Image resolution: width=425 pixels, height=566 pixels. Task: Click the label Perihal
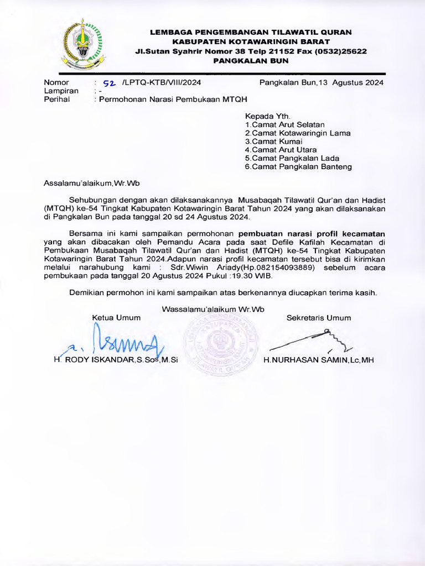tap(58, 99)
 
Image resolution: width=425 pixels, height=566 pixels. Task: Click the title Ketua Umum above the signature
tap(116, 318)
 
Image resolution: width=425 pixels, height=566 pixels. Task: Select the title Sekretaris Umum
tap(319, 318)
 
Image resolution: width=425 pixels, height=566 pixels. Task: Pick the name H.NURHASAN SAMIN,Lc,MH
tap(319, 360)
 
